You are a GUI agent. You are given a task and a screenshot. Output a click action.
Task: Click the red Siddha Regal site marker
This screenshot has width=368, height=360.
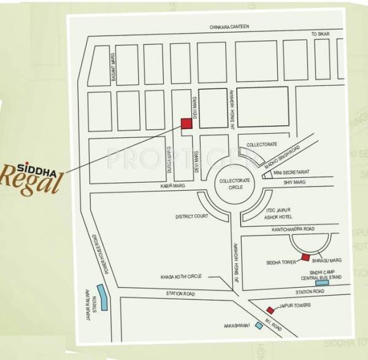coord(186,123)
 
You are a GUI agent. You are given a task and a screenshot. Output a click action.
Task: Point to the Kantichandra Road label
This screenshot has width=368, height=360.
coord(293,229)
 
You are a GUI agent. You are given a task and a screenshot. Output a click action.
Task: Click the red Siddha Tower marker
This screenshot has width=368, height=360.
coord(305,257)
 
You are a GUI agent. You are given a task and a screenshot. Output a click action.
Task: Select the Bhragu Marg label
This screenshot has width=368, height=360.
coord(327,260)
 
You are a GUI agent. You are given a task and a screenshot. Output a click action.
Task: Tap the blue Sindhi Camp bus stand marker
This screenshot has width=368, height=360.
coord(321,283)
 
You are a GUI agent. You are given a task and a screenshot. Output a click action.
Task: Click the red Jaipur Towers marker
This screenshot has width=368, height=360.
coord(270,310)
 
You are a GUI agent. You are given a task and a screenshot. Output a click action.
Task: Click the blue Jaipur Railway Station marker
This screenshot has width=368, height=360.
coord(104,299)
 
